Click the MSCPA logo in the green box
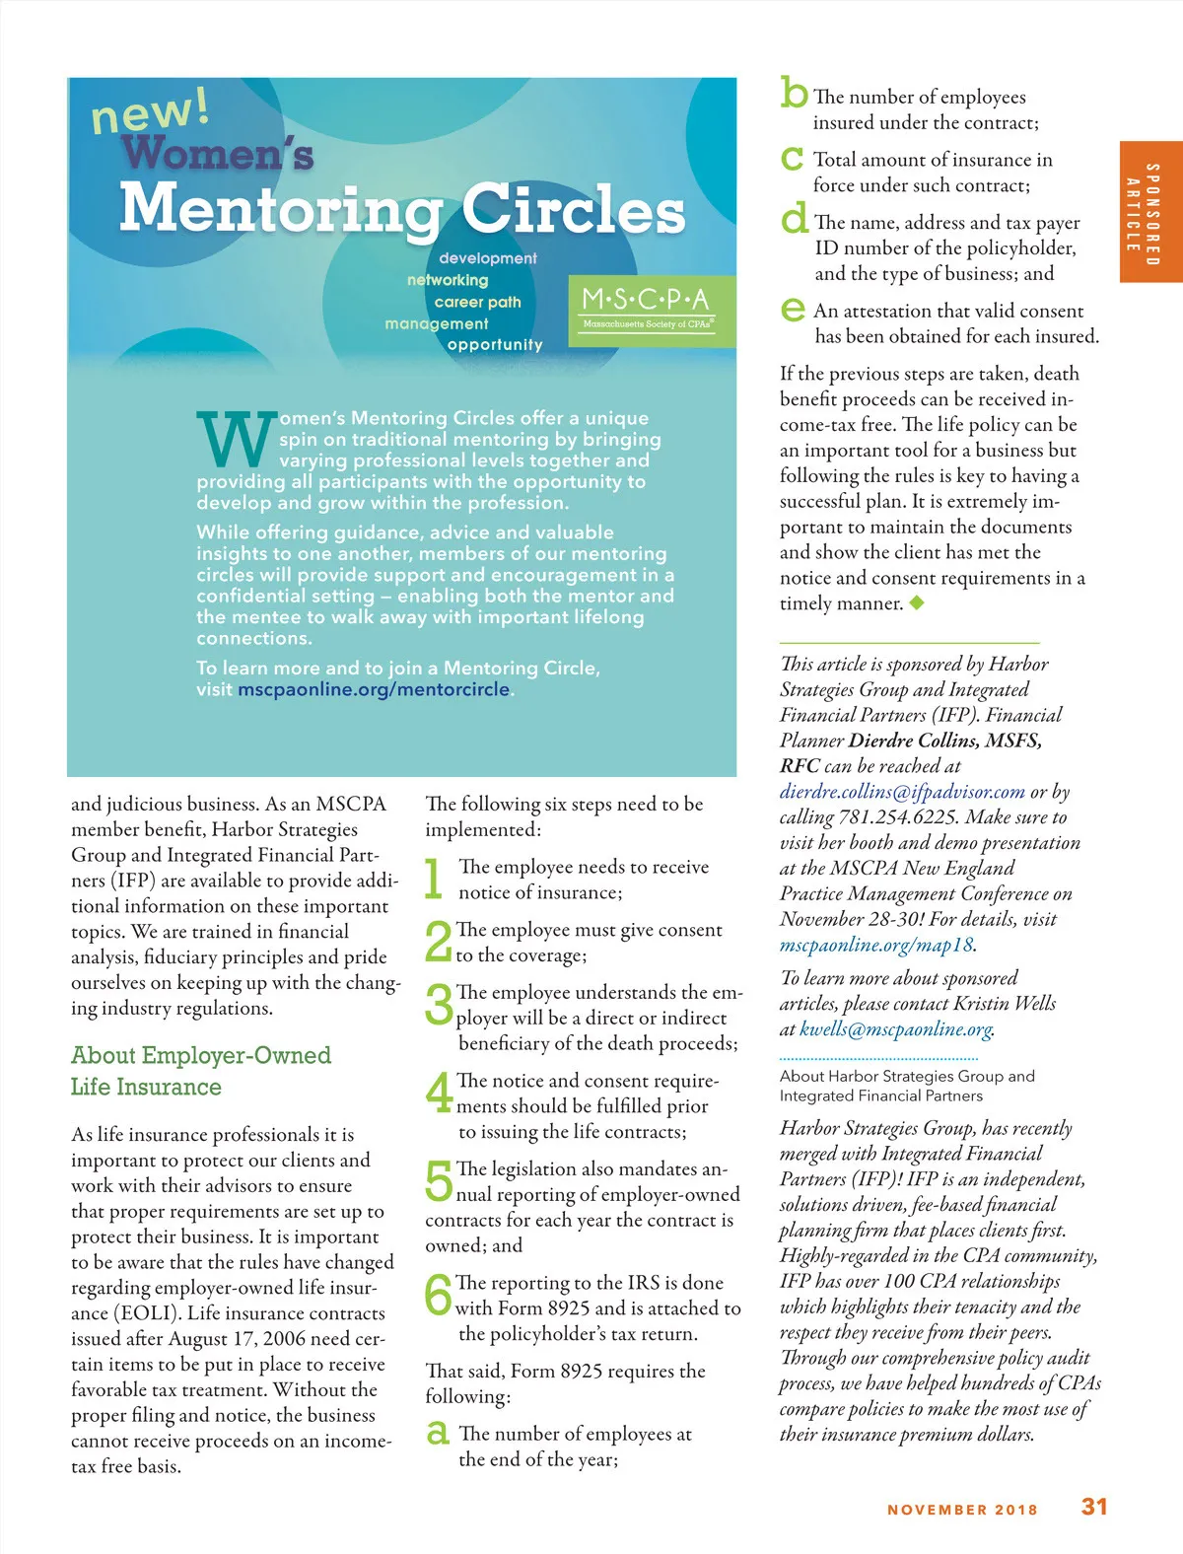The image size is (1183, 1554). click(x=651, y=309)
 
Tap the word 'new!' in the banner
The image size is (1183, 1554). click(x=150, y=110)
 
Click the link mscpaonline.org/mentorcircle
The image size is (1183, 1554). click(x=374, y=689)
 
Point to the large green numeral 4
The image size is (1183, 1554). click(x=439, y=1093)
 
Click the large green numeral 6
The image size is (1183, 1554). click(x=438, y=1295)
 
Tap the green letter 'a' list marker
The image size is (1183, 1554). click(x=438, y=1433)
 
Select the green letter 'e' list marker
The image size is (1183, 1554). click(x=793, y=311)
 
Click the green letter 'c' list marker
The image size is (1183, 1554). click(x=792, y=159)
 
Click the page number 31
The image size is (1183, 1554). click(x=1094, y=1507)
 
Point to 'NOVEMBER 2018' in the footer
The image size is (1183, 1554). click(x=962, y=1510)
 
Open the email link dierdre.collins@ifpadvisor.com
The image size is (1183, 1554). click(x=902, y=792)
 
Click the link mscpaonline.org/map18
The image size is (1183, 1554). click(x=876, y=945)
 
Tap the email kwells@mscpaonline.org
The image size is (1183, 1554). click(x=896, y=1029)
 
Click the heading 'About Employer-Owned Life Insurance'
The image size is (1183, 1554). click(x=201, y=1071)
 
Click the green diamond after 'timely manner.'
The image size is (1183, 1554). click(x=917, y=602)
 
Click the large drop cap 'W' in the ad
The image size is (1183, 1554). click(x=237, y=440)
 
